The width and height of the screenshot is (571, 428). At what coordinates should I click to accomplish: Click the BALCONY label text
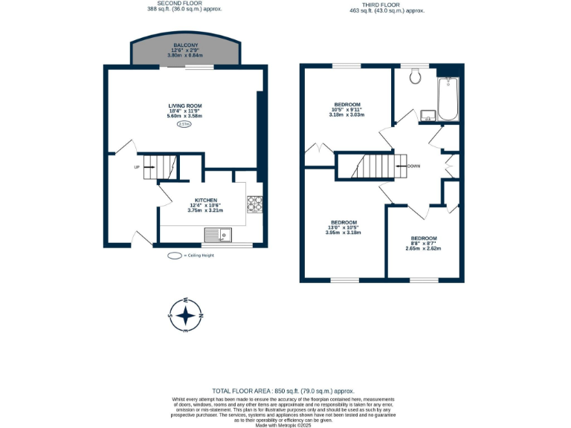tap(186, 45)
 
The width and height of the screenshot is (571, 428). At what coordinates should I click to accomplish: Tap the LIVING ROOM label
tap(185, 106)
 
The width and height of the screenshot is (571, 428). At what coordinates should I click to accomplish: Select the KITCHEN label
tap(206, 201)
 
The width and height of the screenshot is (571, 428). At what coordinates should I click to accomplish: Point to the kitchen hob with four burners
tap(254, 203)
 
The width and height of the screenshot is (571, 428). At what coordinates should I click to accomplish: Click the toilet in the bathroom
tap(416, 74)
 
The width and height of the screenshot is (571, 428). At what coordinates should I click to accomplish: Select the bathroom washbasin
tap(428, 114)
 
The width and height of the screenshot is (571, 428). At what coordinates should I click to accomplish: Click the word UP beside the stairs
tap(137, 166)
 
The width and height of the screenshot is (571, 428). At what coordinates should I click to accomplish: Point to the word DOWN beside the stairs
tap(413, 166)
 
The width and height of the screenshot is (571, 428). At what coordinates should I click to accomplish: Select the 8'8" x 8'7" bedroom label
tap(424, 239)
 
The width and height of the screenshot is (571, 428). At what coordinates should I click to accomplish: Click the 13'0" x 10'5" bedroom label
tap(343, 223)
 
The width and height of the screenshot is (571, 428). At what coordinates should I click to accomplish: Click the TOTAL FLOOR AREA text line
tap(283, 390)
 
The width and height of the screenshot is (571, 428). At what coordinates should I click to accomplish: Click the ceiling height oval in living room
tap(184, 125)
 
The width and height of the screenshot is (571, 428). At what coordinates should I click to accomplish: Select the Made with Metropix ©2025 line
tap(283, 424)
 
